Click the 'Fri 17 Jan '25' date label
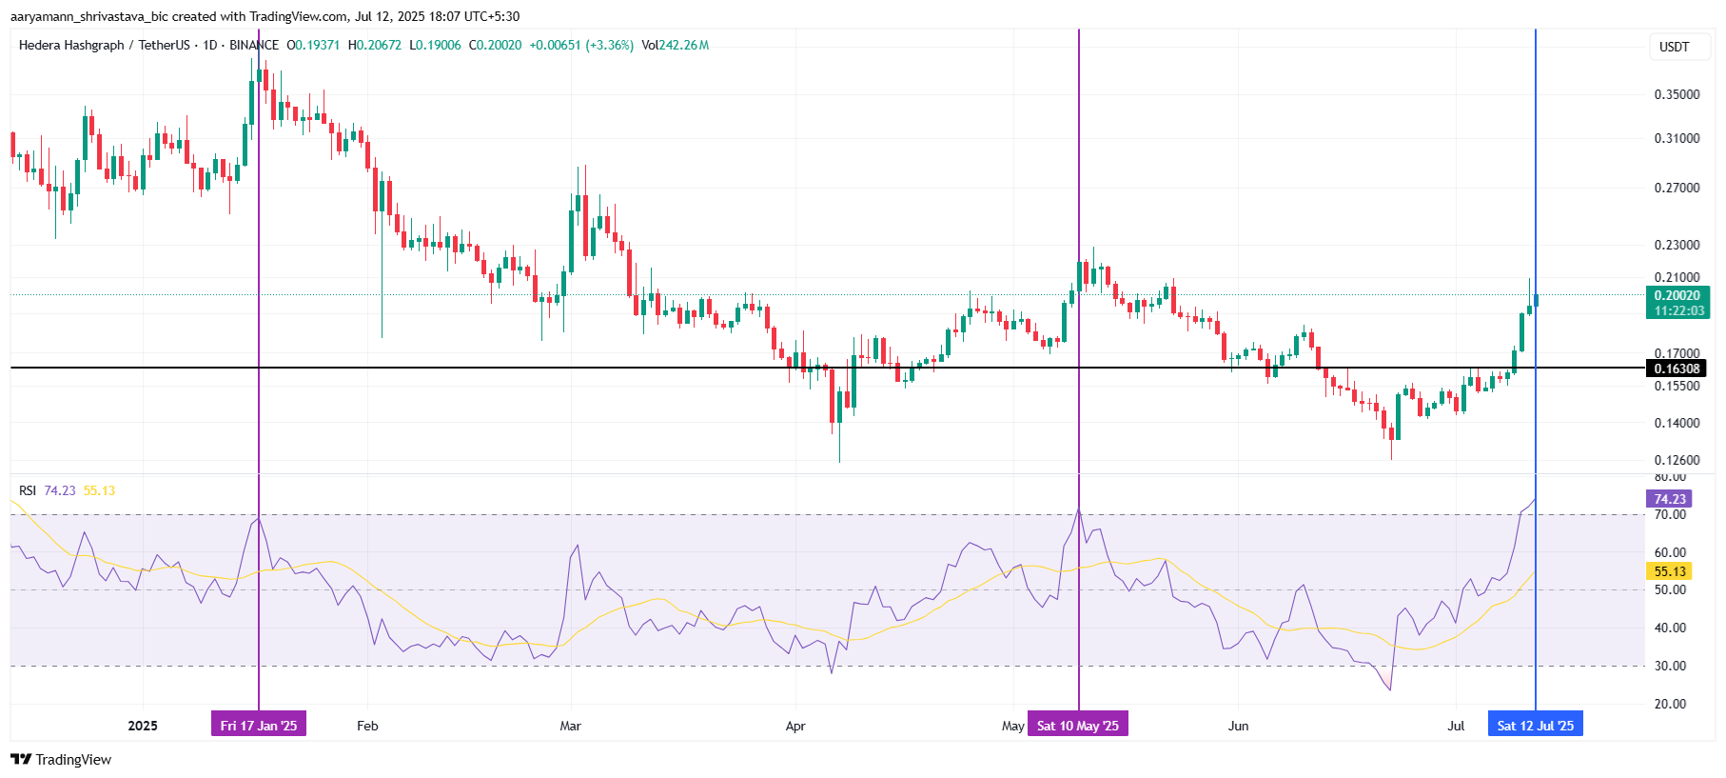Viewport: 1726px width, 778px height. click(x=259, y=726)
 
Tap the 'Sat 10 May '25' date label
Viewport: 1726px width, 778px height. click(x=1077, y=726)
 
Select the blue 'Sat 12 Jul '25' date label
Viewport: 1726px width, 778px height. click(x=1535, y=726)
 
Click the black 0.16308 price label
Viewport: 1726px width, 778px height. click(x=1677, y=369)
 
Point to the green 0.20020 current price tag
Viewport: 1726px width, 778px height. click(x=1677, y=296)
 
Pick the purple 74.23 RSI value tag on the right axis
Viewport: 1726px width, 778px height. click(x=1669, y=499)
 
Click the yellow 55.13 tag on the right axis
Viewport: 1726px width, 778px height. click(x=1669, y=571)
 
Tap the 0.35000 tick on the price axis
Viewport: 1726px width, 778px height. click(x=1677, y=94)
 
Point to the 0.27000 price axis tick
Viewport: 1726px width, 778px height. click(x=1677, y=188)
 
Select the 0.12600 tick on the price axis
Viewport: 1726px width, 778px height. click(x=1677, y=460)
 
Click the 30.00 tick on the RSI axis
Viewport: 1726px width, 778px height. click(x=1670, y=666)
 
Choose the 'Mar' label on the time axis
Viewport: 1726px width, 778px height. click(x=570, y=726)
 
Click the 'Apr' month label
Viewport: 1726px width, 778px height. click(x=795, y=726)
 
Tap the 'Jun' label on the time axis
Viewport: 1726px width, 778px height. click(x=1238, y=726)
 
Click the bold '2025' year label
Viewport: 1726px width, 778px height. click(x=143, y=726)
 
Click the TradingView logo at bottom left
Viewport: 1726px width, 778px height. click(x=61, y=759)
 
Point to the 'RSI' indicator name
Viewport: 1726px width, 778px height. click(x=28, y=490)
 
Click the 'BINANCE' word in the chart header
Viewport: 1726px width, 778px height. click(x=254, y=45)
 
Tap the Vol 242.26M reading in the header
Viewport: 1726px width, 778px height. click(x=675, y=45)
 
